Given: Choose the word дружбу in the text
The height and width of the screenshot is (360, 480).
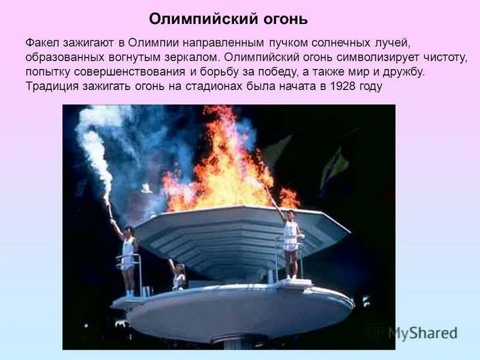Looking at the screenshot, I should pyautogui.click(x=405, y=73).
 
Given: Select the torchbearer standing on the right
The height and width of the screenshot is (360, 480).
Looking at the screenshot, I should pyautogui.click(x=291, y=243).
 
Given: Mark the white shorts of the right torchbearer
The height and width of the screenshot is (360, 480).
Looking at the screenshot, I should pyautogui.click(x=291, y=246).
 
